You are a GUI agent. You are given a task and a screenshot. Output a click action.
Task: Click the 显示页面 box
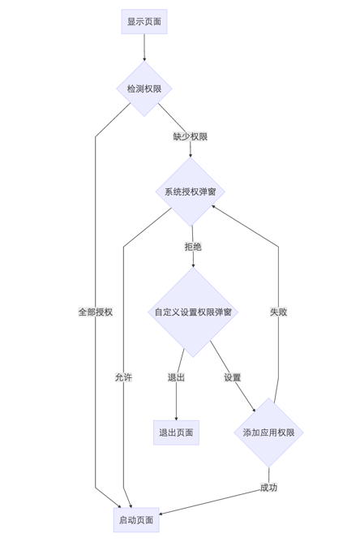click(144, 21)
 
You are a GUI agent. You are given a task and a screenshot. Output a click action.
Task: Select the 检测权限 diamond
click(144, 88)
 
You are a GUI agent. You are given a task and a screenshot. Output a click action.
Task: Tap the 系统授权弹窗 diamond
click(191, 192)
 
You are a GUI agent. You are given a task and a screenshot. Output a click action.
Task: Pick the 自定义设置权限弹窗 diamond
click(193, 312)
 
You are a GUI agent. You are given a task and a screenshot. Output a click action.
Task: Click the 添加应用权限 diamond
click(268, 432)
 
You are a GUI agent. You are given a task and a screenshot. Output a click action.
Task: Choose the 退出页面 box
click(176, 432)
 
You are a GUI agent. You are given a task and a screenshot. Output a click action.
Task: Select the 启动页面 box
click(136, 520)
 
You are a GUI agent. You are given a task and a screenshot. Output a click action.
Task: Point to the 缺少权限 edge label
click(191, 136)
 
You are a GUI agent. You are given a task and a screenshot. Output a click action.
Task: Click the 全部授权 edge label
click(96, 312)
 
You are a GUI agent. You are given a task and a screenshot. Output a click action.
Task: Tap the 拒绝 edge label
click(193, 247)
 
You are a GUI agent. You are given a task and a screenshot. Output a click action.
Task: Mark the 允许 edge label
click(123, 377)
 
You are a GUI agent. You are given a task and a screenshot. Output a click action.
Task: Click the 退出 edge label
click(176, 377)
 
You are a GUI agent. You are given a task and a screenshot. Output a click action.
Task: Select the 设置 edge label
click(233, 377)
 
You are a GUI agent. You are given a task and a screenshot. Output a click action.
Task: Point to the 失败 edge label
click(278, 312)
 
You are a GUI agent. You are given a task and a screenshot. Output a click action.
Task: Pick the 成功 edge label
click(268, 488)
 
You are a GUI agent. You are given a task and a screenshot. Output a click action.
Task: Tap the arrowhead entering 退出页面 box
click(176, 417)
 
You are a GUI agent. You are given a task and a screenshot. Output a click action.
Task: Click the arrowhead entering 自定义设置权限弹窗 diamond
click(193, 265)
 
